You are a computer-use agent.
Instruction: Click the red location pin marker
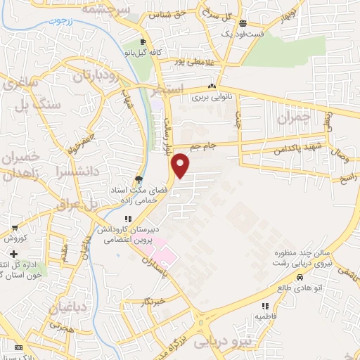pos(181,165)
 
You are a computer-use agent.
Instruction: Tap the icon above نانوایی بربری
pos(211,87)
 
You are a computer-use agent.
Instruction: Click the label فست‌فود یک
pos(243,33)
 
